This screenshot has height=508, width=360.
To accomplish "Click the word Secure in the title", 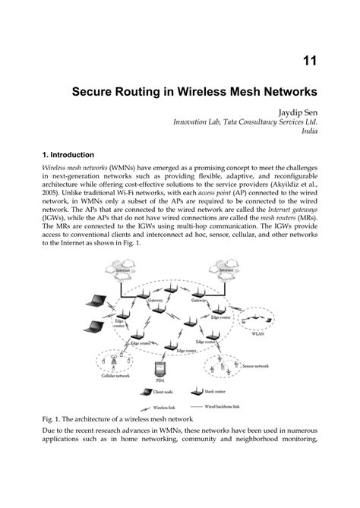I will pos(95,93).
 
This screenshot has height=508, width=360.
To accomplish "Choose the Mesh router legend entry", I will pos(215,392).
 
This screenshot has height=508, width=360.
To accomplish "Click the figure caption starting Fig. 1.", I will pos(118,419).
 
